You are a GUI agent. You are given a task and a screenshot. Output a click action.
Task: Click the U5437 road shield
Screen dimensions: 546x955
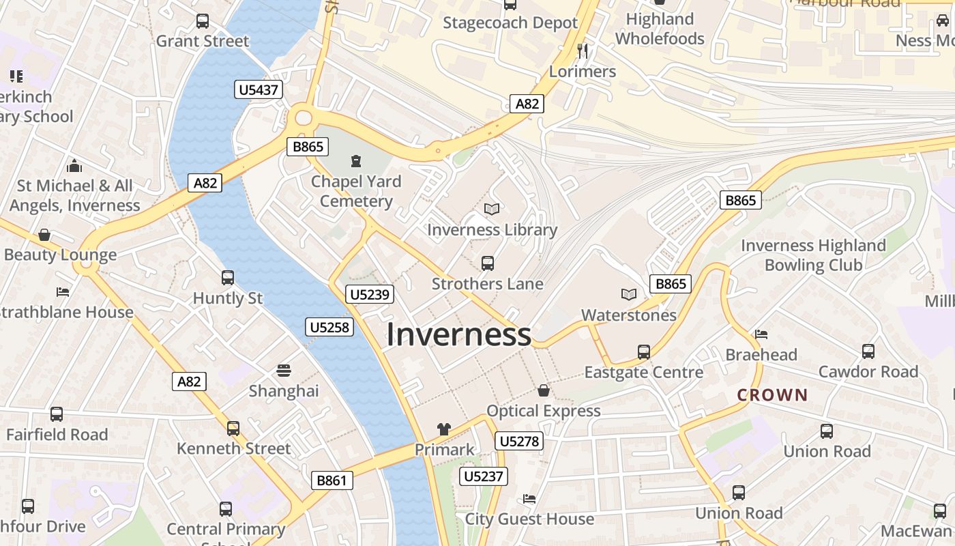[259, 89]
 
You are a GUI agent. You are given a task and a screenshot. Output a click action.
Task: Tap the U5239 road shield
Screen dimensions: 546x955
[369, 294]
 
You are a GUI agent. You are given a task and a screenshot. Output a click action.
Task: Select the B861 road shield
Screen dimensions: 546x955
[332, 480]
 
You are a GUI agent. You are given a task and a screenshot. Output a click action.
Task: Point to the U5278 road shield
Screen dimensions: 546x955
[519, 441]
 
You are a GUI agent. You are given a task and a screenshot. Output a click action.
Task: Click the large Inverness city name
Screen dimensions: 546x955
[458, 334]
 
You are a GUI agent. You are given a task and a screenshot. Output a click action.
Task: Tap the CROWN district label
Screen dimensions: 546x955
[772, 395]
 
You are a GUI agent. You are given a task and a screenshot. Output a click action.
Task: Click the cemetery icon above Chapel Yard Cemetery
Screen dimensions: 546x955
[355, 161]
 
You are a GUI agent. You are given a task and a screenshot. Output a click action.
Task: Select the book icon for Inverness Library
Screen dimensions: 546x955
[492, 209]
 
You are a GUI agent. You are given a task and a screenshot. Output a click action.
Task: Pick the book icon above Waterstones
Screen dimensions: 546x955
[629, 294]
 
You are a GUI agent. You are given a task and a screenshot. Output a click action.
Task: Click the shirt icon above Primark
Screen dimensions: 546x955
[444, 429]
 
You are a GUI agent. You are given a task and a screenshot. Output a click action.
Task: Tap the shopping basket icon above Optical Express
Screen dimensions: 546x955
[544, 390]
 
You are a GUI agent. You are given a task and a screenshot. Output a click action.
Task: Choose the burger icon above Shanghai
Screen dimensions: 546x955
[284, 371]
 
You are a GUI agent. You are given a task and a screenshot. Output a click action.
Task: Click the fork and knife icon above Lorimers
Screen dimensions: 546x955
[582, 51]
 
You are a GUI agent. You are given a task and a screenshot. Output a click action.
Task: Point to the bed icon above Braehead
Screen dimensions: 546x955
[761, 334]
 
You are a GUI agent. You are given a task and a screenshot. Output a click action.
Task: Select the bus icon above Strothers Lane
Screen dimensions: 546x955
[487, 263]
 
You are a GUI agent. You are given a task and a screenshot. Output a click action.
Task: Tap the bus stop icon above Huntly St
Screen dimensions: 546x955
[228, 278]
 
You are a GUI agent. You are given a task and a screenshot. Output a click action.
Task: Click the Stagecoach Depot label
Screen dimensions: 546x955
[510, 23]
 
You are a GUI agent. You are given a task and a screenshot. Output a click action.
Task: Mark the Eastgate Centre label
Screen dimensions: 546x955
[643, 373]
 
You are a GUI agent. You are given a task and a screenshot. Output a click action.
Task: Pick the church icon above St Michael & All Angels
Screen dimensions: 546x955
[75, 165]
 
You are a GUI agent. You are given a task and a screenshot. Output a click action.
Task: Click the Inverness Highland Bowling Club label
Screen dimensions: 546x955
[813, 255]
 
